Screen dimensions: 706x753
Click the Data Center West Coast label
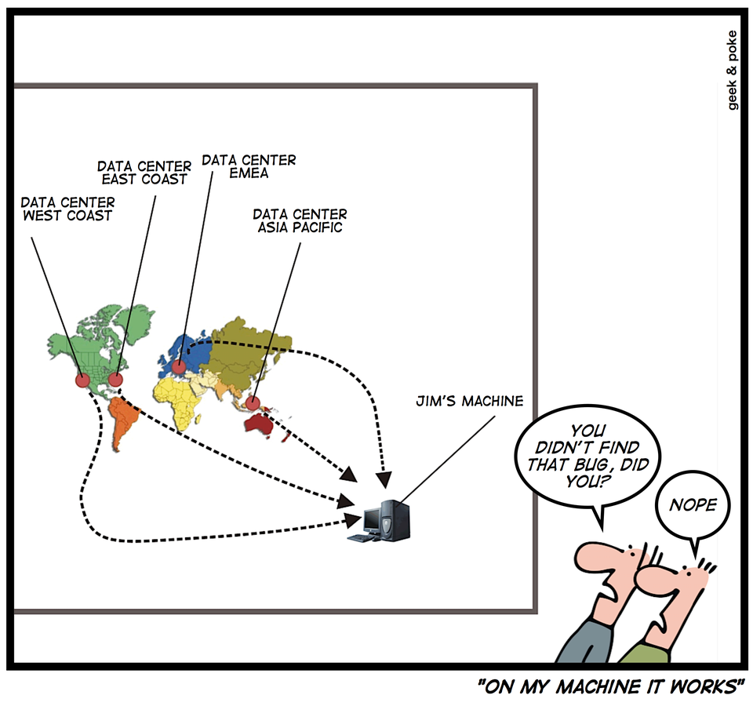[x=67, y=209]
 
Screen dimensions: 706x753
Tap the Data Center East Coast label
[x=144, y=173]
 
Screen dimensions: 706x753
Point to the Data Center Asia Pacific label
[x=300, y=220]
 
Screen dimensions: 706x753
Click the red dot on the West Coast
[x=82, y=380]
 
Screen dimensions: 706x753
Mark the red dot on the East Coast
[x=115, y=380]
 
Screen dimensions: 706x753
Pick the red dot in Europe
[x=180, y=366]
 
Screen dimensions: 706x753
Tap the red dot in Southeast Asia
[x=253, y=404]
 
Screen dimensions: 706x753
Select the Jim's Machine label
[x=469, y=402]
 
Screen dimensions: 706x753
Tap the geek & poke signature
[x=733, y=71]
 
